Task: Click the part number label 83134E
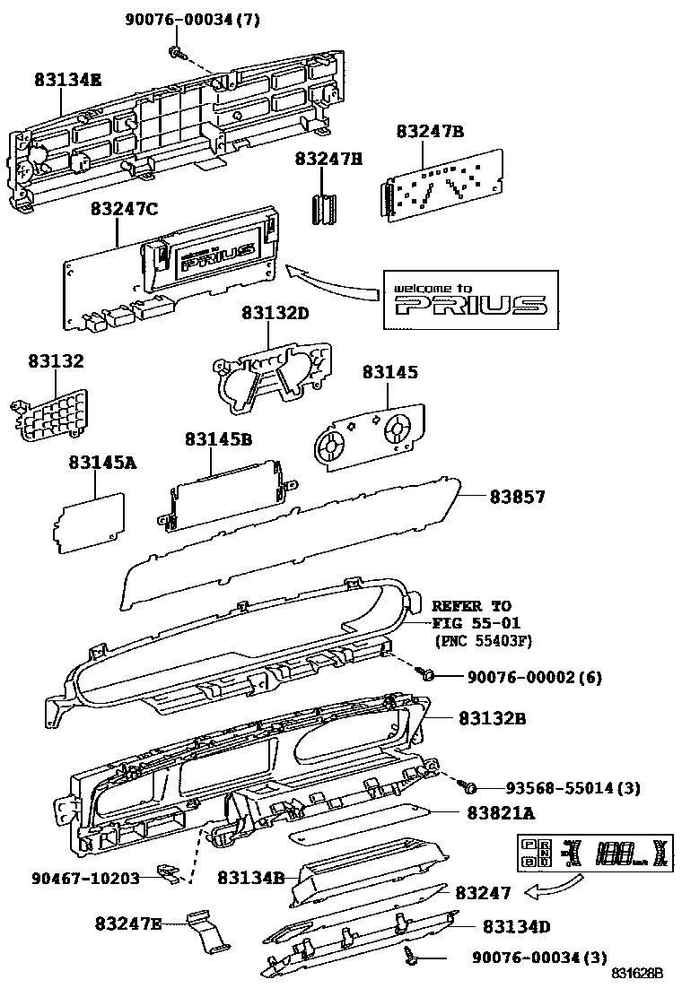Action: [x=68, y=80]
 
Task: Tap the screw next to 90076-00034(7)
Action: [x=178, y=53]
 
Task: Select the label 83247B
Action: [x=430, y=132]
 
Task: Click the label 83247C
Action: [x=124, y=209]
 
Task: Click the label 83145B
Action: [x=218, y=440]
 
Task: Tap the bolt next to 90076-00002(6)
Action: [x=429, y=673]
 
